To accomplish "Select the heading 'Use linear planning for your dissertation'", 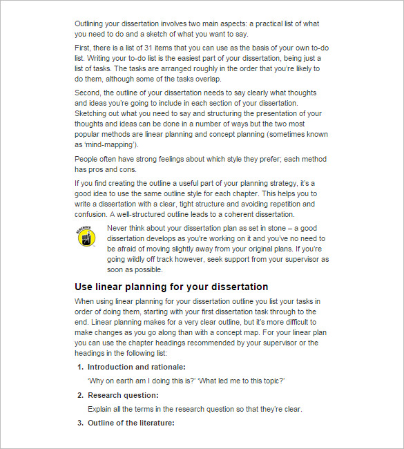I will [x=171, y=287].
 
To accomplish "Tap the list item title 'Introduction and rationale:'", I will [x=136, y=367].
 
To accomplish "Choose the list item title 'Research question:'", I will [x=123, y=395].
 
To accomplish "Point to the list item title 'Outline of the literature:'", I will [x=131, y=423].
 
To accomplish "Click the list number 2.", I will [x=79, y=395].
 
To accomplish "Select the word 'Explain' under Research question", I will [x=102, y=409].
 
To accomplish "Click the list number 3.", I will [x=79, y=423].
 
